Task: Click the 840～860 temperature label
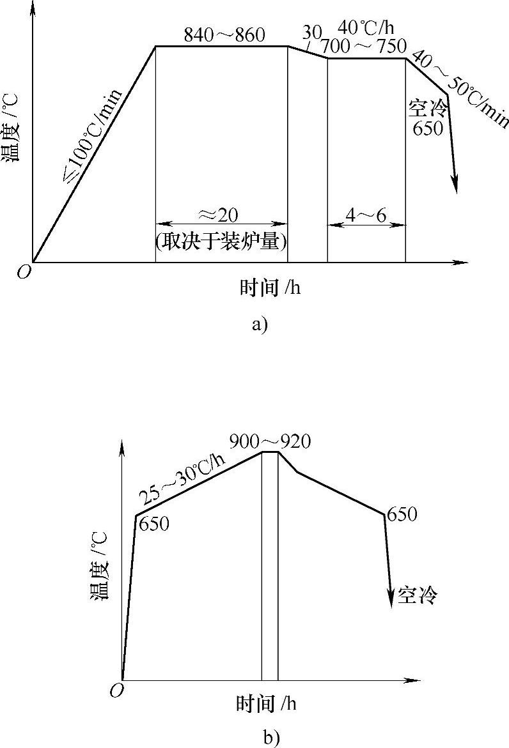pos(224,35)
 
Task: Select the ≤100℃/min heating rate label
pos(93,135)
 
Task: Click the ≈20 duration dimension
pos(221,213)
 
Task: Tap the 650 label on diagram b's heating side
pos(153,524)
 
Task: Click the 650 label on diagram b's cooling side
pos(402,514)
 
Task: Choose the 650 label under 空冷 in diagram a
pos(428,128)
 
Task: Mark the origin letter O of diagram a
pos(24,272)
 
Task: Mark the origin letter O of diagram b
pos(116,691)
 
